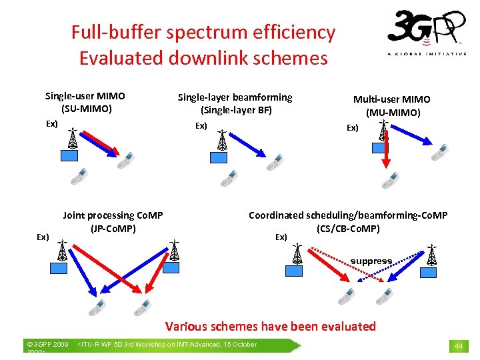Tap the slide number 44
coord(459,346)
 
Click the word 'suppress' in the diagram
coord(371,261)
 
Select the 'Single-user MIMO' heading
coord(85,97)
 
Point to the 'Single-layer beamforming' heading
coord(235,97)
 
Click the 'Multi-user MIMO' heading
coord(392,99)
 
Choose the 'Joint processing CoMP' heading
coord(113,215)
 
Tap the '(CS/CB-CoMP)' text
coord(348,229)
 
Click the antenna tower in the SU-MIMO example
coord(73,139)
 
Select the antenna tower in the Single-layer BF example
coord(223,140)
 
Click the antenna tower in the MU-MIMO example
coord(383,130)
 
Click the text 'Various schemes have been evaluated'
coord(270,327)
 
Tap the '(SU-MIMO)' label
coord(86,109)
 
